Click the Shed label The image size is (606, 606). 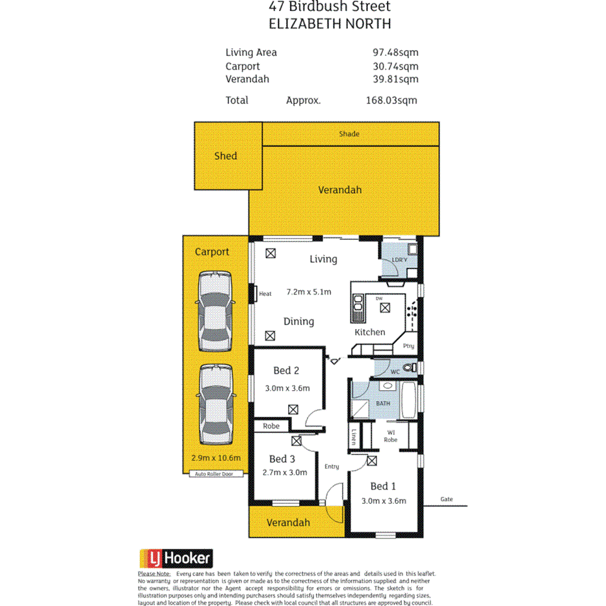[226, 156]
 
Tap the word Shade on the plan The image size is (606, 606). [349, 134]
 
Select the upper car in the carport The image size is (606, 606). [215, 310]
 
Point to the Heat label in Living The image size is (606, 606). [265, 294]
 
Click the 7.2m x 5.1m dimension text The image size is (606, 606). [309, 292]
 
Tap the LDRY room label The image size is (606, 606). [399, 260]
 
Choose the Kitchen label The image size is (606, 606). [369, 332]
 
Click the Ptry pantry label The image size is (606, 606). [408, 346]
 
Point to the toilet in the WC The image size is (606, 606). [408, 369]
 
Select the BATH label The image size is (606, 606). [383, 404]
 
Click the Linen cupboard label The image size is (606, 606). [354, 437]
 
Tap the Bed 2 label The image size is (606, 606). [286, 371]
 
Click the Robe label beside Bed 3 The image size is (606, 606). [271, 427]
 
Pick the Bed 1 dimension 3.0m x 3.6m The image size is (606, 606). [384, 501]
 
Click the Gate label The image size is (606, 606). [445, 499]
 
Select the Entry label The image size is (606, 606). [332, 466]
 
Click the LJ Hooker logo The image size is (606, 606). [176, 558]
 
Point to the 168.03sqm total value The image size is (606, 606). [391, 100]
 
